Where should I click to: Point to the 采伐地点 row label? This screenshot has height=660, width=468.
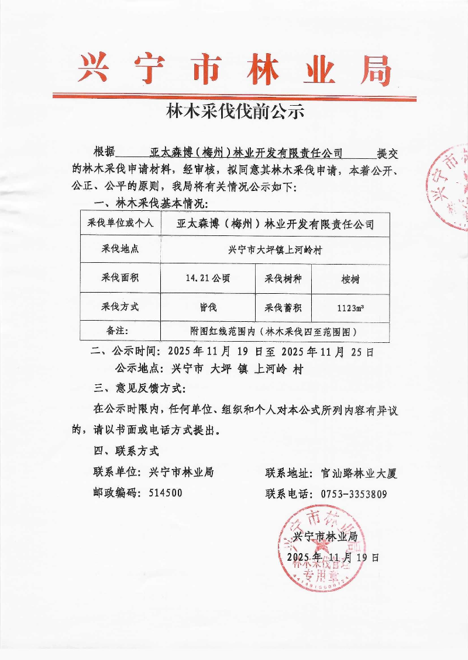[x=120, y=250]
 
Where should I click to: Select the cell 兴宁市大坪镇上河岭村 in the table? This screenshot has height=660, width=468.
[x=275, y=250]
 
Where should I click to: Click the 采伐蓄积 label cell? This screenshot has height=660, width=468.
[x=283, y=307]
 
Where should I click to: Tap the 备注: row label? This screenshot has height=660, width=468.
[x=120, y=331]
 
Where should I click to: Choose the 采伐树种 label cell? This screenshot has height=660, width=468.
[x=283, y=279]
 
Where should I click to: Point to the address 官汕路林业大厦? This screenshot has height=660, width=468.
[x=359, y=473]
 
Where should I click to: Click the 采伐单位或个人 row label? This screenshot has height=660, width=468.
[x=120, y=223]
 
